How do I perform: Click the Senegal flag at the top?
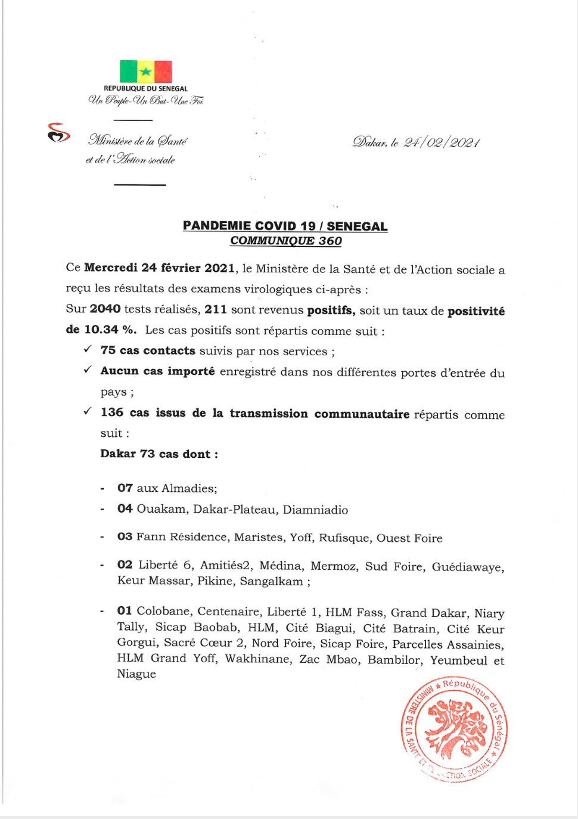tap(146, 72)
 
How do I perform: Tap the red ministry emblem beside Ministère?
tap(58, 133)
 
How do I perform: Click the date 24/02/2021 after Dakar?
tap(442, 142)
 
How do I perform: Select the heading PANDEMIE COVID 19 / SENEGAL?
tap(285, 226)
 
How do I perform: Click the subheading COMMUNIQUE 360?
tap(285, 241)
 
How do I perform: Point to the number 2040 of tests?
tap(105, 309)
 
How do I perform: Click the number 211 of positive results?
tap(215, 309)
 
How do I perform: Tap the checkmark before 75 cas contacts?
tap(88, 349)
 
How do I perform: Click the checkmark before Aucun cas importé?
tap(88, 370)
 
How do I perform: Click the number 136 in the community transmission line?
tap(112, 412)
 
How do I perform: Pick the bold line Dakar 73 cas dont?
tap(159, 454)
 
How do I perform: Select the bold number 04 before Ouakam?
tap(125, 508)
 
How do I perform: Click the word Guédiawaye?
tap(468, 566)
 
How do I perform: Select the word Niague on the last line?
tap(136, 674)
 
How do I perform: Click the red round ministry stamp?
tap(455, 728)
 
